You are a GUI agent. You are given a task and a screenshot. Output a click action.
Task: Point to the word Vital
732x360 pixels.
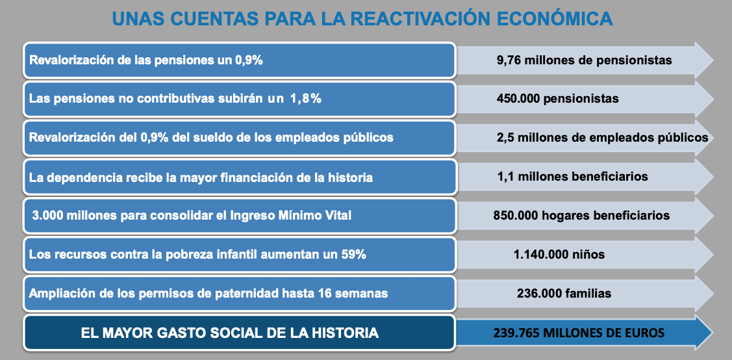point(336,215)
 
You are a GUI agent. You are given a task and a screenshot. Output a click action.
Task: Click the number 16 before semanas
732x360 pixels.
point(325,293)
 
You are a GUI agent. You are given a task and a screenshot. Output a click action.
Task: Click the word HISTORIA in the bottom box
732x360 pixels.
point(348,333)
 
